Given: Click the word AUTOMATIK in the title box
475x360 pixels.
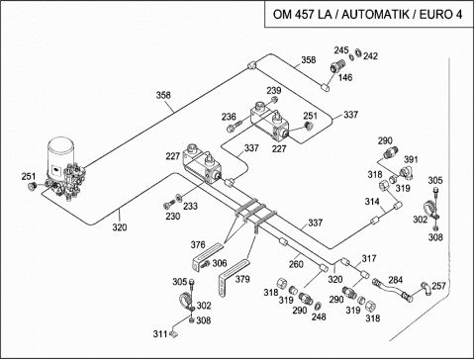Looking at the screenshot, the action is pos(376,15).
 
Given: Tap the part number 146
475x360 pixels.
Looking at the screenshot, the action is pos(345,77).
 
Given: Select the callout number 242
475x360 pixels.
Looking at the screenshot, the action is pos(370,56).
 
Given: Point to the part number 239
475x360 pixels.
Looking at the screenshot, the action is pos(274,90).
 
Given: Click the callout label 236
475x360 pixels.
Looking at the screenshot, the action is pos(229,117).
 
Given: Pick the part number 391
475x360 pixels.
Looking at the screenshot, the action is pos(411,159).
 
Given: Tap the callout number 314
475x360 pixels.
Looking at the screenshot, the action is pos(372,202).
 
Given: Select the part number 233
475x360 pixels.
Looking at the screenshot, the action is pos(190,206).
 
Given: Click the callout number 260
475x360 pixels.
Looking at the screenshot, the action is pos(296,264).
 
